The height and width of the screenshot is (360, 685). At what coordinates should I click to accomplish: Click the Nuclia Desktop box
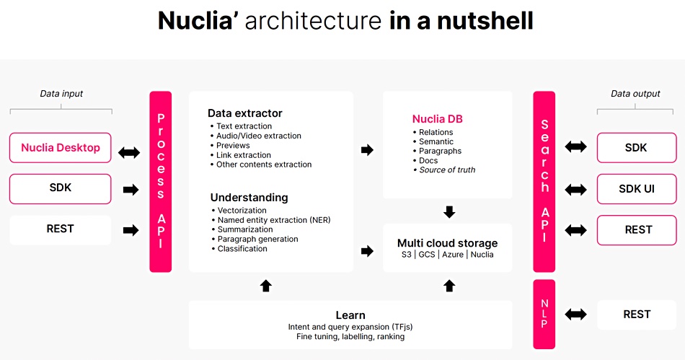[61, 148]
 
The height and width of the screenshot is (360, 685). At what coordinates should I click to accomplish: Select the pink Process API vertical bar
[160, 181]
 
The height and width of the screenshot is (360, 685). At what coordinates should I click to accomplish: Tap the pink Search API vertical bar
[544, 181]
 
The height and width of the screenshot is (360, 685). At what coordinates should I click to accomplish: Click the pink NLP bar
[544, 314]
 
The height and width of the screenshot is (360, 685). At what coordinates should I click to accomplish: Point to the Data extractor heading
[245, 113]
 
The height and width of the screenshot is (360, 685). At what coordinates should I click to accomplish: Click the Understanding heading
[249, 198]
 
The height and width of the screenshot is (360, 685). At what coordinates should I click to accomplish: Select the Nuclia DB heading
[437, 119]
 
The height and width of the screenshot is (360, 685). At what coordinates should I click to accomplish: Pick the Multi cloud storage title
[447, 243]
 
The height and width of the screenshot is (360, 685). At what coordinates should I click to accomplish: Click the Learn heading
[350, 315]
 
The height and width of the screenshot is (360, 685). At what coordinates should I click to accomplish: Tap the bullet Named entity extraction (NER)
[271, 220]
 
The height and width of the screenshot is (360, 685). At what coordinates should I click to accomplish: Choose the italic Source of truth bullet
[444, 170]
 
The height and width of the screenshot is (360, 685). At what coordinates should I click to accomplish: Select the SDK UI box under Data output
[637, 189]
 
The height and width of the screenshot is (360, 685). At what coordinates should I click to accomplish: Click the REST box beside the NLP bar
[637, 314]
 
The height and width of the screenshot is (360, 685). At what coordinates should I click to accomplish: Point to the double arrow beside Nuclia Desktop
[129, 152]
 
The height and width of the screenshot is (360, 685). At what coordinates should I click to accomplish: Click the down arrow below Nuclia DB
[449, 212]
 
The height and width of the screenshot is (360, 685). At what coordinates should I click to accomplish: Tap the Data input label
[61, 94]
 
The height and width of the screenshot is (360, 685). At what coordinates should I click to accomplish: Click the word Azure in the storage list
[453, 255]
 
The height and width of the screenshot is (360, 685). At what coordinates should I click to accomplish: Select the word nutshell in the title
[485, 20]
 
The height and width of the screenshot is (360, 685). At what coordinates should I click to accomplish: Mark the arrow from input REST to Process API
[131, 230]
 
